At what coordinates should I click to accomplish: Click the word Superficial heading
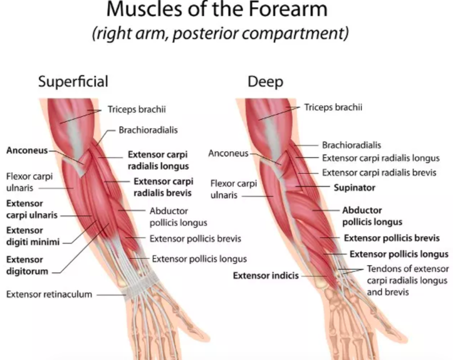(73, 81)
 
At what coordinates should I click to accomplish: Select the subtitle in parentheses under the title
(220, 34)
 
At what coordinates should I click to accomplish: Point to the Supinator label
(355, 187)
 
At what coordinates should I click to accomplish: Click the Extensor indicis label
(266, 276)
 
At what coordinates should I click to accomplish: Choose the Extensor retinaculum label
(49, 294)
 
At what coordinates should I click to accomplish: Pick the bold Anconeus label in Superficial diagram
(27, 150)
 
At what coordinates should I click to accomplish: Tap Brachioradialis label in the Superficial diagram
(148, 130)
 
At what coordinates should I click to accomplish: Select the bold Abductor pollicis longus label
(372, 216)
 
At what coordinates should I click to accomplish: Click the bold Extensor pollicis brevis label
(392, 238)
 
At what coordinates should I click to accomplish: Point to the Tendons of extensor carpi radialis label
(407, 280)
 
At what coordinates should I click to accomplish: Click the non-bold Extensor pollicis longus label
(200, 259)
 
